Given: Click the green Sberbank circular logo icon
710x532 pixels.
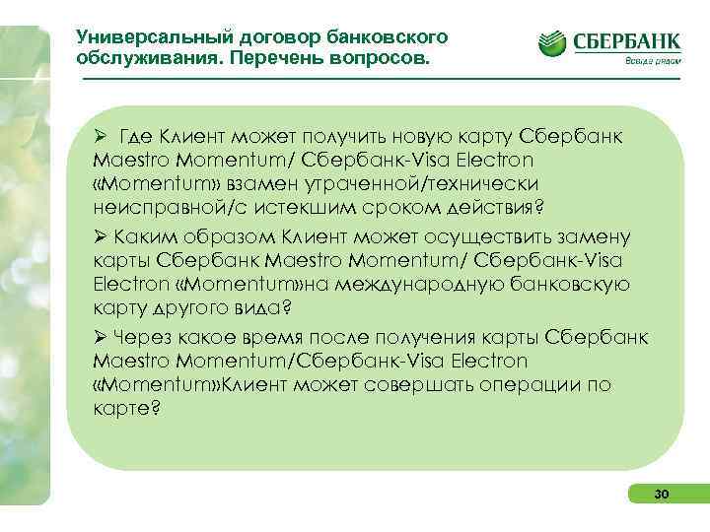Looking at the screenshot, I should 553,43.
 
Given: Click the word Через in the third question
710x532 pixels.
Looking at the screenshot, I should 142,338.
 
